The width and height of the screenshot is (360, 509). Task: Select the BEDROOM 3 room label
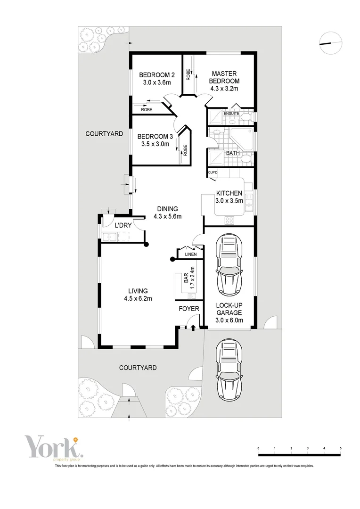[x=155, y=137]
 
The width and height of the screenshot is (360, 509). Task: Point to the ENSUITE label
[x=231, y=114]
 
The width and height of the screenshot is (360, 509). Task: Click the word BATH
[x=232, y=153]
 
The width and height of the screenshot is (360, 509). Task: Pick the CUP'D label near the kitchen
[x=213, y=173]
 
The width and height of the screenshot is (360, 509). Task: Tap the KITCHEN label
[x=229, y=193]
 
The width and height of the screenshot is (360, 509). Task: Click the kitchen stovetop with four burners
[x=230, y=220]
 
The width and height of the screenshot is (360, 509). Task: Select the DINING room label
[x=167, y=209]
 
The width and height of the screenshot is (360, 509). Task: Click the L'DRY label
[x=123, y=226]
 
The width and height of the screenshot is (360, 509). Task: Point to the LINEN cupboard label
[x=190, y=255]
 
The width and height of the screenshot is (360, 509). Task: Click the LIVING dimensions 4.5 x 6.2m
[x=138, y=298]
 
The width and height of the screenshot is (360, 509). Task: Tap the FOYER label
[x=188, y=309]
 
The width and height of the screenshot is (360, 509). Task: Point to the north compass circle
[x=330, y=43]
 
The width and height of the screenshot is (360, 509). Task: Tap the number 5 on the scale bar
[x=340, y=448]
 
